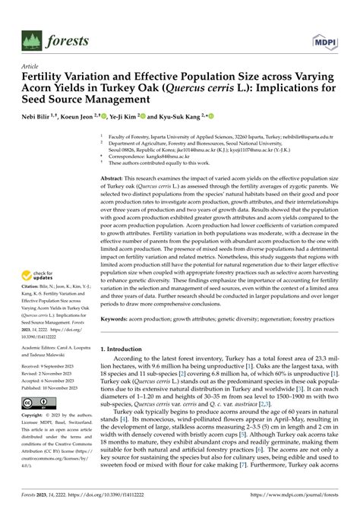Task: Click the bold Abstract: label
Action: pos(115,176)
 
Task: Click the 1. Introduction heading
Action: pos(125,349)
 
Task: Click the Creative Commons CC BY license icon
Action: pos(37,402)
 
